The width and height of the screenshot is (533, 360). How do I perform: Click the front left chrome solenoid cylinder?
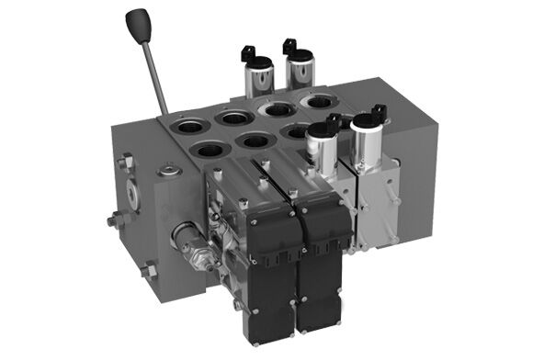[x=323, y=146]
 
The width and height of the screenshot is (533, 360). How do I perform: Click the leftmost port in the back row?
[x=191, y=120]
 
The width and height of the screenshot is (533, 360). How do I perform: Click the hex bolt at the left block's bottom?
[x=147, y=267]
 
